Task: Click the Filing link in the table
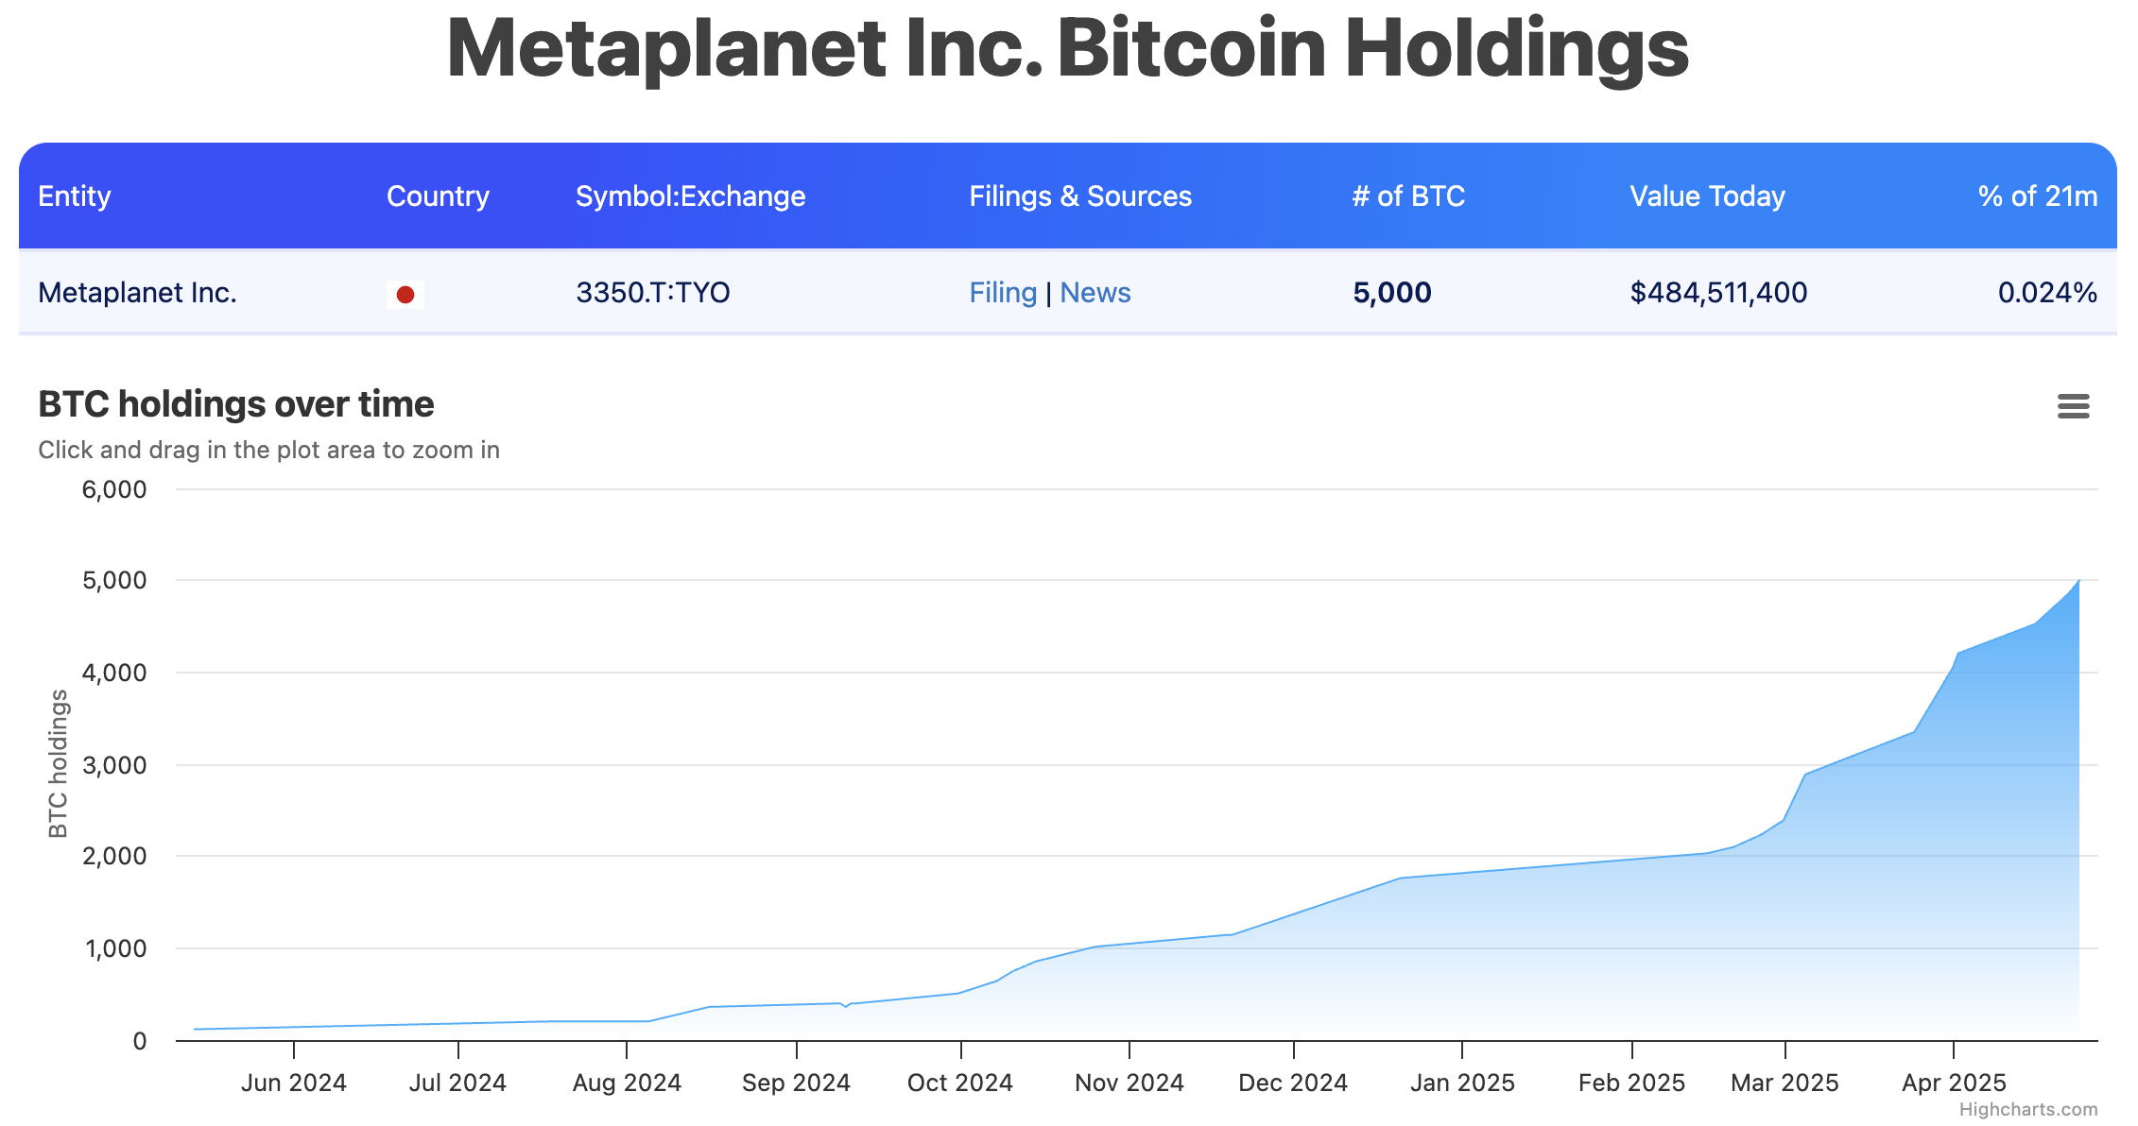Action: coord(1003,293)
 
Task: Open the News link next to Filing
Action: coord(1095,293)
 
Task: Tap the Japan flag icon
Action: coord(405,295)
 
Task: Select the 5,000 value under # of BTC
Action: coord(1391,293)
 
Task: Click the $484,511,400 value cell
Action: coord(1717,293)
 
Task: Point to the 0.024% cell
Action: coord(2046,293)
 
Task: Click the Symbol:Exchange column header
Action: coord(690,196)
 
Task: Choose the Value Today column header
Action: coord(1707,196)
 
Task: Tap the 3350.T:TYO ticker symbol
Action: coord(652,293)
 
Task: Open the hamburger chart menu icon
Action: coord(2073,406)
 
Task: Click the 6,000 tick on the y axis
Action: coord(114,489)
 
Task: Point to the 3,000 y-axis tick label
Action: coord(114,765)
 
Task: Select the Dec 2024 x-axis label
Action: coord(1292,1083)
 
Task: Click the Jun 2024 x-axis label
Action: coord(293,1083)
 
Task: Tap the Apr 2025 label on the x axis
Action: coord(1953,1083)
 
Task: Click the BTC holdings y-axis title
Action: coord(59,763)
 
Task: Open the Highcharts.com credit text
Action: coord(2027,1110)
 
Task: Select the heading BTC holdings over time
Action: coord(235,404)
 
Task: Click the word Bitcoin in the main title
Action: coord(1191,49)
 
